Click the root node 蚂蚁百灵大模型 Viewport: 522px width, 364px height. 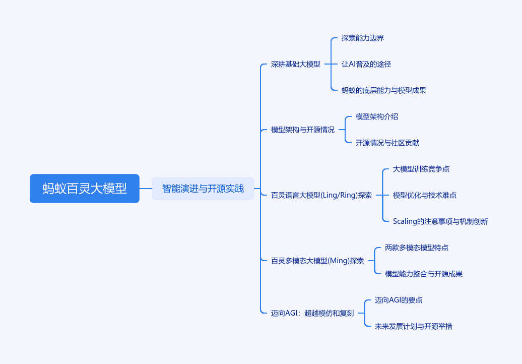(x=85, y=189)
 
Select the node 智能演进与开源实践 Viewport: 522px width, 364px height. (x=203, y=189)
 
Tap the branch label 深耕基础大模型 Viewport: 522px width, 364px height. (x=296, y=64)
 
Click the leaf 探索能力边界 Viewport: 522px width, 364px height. (x=363, y=38)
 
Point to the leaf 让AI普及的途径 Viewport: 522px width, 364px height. (x=366, y=64)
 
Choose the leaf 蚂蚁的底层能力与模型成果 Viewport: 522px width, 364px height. (x=384, y=90)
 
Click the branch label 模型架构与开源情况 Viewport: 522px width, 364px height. (x=303, y=130)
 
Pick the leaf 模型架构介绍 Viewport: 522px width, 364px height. (x=377, y=116)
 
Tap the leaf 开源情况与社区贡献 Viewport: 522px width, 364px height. (x=387, y=143)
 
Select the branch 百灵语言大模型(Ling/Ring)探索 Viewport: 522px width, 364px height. (x=321, y=195)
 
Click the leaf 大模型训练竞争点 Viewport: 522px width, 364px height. (x=421, y=169)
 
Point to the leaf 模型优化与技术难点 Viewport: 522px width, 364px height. (x=425, y=195)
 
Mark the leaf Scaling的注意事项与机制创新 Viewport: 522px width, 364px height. (x=440, y=221)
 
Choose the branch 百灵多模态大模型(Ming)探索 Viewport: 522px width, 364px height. (x=317, y=261)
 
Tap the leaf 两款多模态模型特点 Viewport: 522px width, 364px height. (x=417, y=248)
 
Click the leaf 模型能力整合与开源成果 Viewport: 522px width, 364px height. (x=424, y=274)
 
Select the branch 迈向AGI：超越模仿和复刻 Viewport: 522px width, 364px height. (x=312, y=313)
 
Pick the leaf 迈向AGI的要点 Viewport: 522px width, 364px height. (x=399, y=300)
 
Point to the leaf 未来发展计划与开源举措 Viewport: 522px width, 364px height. (x=414, y=326)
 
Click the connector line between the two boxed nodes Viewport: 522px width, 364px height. (x=146, y=189)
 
